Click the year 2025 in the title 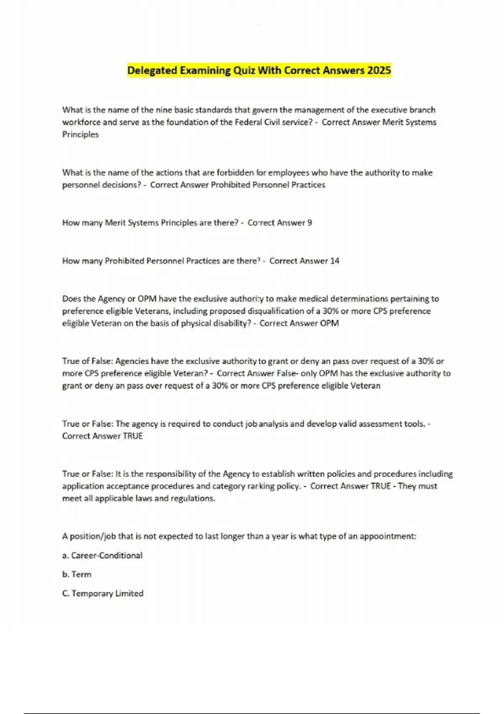[379, 70]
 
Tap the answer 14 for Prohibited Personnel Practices [335, 261]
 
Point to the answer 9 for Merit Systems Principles [310, 223]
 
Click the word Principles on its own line [80, 134]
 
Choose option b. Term [77, 574]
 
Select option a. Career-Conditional [102, 555]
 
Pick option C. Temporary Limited [103, 593]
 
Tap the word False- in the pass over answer [287, 373]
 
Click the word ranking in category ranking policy [260, 486]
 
